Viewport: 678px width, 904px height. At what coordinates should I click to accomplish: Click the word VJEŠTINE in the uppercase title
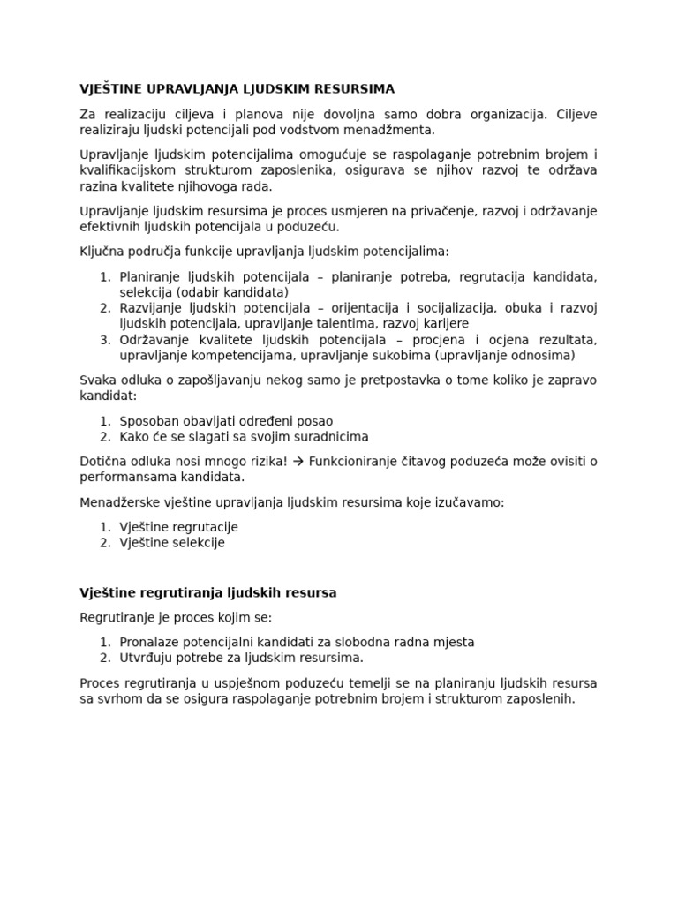coord(112,89)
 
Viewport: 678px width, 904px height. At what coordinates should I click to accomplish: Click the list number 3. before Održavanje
coord(105,340)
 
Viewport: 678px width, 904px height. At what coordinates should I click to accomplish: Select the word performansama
coord(126,477)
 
